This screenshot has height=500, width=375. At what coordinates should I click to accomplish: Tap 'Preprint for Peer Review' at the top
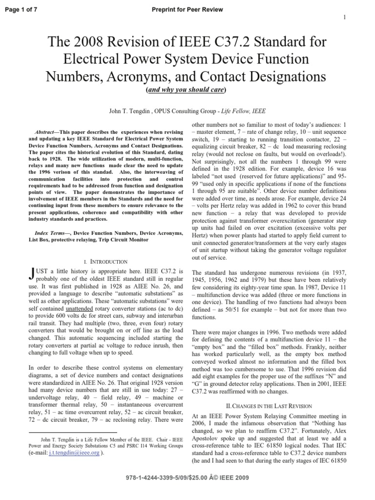click(187, 10)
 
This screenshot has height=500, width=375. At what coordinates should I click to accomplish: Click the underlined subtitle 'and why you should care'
click(187, 90)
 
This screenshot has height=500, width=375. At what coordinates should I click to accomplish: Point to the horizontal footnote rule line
click(73, 432)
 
